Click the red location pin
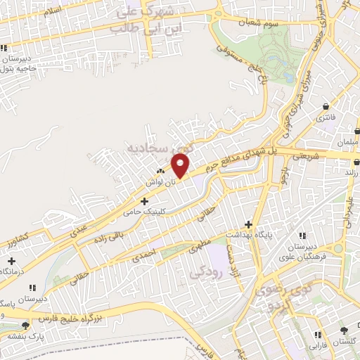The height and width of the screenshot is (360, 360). coord(180,165)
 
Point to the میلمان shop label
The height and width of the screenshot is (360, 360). coord(347,143)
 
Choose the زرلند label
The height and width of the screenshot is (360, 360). coord(352,172)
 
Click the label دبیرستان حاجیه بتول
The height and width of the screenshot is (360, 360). coord(16,64)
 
